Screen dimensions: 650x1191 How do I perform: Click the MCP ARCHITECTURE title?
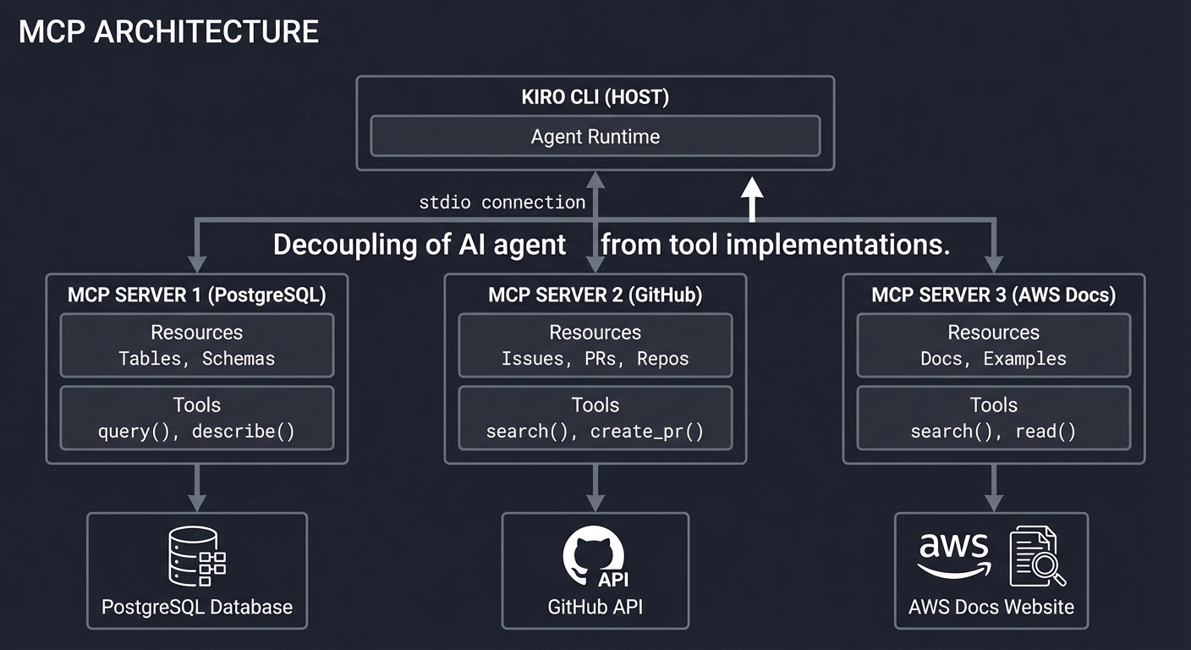click(168, 32)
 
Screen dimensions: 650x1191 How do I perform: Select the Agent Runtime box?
click(595, 136)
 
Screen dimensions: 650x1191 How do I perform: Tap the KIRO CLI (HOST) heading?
click(595, 97)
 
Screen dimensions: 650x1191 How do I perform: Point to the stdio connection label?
click(502, 202)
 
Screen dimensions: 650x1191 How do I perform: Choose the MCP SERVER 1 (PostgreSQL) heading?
click(197, 295)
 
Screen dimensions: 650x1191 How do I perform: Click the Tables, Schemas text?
click(197, 359)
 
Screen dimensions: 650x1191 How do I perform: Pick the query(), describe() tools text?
click(197, 432)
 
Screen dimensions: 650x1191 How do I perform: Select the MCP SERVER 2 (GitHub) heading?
click(595, 295)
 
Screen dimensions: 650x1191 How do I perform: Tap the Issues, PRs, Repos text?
click(595, 359)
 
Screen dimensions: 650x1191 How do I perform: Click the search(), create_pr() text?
click(595, 432)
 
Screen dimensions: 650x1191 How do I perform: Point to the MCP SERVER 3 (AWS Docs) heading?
click(994, 295)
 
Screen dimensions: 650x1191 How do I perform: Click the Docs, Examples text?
click(994, 359)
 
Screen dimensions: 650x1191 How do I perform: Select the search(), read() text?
click(994, 432)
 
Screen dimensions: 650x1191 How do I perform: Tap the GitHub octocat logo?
click(592, 555)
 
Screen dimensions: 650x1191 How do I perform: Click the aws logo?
click(953, 554)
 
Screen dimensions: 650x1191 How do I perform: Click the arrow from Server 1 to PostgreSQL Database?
click(197, 488)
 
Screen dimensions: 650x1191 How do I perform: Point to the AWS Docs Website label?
click(991, 607)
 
